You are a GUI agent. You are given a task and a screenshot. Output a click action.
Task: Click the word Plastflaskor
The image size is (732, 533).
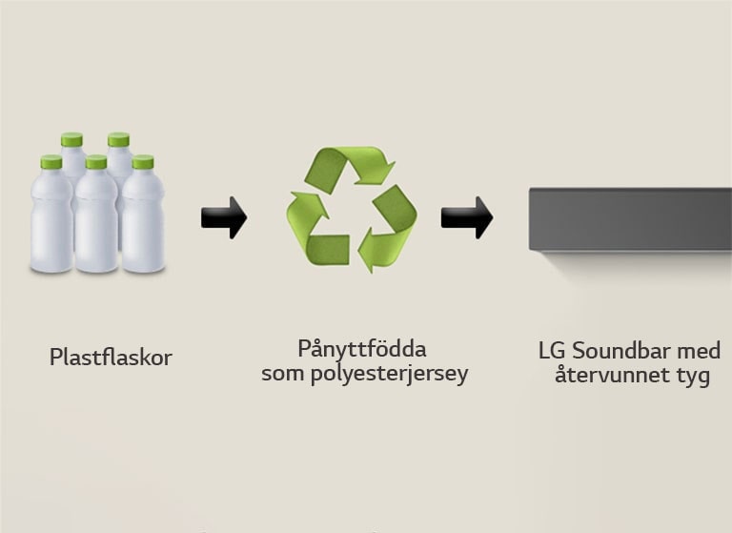(x=111, y=358)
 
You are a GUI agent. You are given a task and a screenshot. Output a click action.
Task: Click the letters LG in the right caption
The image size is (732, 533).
(x=551, y=351)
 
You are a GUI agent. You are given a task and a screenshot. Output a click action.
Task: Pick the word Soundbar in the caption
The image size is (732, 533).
(x=620, y=351)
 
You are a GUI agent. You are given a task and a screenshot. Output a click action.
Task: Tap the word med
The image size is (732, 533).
(x=700, y=351)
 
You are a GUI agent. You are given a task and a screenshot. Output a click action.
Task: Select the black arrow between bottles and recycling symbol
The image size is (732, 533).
(x=223, y=217)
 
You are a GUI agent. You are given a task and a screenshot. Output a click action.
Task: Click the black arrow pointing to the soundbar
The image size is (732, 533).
(x=465, y=217)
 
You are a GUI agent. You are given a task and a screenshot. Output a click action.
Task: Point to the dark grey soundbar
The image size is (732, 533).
(x=630, y=220)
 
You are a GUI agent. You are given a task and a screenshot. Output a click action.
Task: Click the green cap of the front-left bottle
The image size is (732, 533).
(x=51, y=162)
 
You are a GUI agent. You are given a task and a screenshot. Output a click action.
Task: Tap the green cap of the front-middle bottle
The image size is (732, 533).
(x=96, y=162)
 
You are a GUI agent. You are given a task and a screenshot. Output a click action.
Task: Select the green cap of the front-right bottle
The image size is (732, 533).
(x=143, y=162)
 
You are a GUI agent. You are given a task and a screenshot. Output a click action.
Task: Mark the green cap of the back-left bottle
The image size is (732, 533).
(x=71, y=139)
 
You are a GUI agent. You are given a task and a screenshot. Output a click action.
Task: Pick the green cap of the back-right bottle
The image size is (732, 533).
(x=118, y=139)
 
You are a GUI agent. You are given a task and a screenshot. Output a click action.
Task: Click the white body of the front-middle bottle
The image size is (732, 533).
(x=96, y=224)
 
